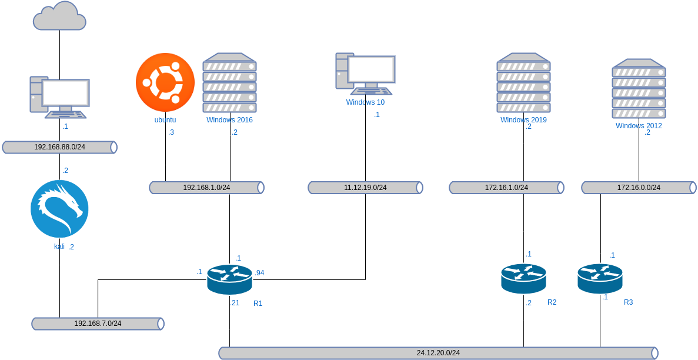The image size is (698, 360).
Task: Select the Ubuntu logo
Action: click(x=165, y=82)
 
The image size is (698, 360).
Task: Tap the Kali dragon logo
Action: click(x=59, y=209)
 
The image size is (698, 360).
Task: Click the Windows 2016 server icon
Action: click(x=229, y=83)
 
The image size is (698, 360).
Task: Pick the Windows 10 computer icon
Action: click(x=365, y=74)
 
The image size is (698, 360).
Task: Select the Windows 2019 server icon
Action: click(x=523, y=83)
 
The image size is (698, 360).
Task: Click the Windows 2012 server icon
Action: click(x=639, y=89)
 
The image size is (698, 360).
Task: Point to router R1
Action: click(x=229, y=279)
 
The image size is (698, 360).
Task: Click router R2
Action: click(x=523, y=278)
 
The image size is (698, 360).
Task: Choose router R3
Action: click(x=600, y=278)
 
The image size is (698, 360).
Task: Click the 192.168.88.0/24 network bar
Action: click(x=59, y=147)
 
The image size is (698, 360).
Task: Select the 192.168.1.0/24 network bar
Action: click(x=206, y=188)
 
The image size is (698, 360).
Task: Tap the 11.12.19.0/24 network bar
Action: click(x=365, y=188)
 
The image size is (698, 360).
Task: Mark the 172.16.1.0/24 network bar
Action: click(x=506, y=188)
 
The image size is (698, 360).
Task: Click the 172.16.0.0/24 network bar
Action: click(x=639, y=188)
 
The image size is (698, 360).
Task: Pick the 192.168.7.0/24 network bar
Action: click(x=98, y=324)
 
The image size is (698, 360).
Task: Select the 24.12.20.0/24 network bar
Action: click(x=438, y=353)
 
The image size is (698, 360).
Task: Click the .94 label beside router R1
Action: click(x=259, y=273)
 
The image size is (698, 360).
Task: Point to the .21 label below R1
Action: click(x=235, y=303)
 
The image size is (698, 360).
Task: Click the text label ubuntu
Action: click(x=165, y=120)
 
